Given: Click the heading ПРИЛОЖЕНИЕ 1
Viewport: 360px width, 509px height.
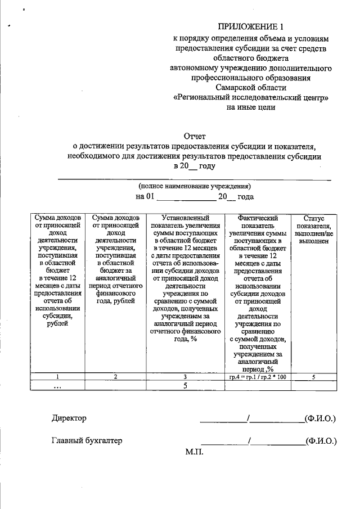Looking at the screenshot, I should (251, 27).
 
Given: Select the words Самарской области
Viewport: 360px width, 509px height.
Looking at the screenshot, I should (251, 88).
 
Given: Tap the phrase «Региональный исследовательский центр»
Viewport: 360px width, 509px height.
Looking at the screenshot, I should (251, 98).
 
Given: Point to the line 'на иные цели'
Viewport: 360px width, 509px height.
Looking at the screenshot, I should (251, 108).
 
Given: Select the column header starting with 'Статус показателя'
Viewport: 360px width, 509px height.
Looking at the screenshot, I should (313, 229).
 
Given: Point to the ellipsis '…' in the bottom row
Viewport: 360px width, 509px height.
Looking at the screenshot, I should (58, 386).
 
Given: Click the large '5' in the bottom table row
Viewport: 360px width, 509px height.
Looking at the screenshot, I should (184, 386).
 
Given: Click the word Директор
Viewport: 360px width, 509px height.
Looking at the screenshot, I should (69, 418).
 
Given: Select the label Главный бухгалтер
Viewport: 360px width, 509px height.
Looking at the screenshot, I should (87, 440).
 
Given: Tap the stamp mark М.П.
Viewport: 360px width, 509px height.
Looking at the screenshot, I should (194, 452).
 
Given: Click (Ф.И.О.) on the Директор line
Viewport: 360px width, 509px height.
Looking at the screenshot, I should (319, 418).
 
